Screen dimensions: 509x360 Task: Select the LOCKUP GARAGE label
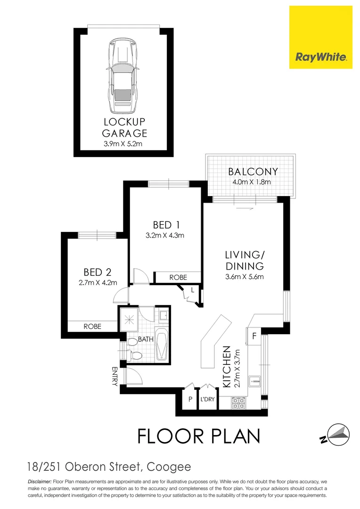(x=125, y=127)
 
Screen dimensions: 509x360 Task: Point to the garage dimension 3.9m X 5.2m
(x=125, y=144)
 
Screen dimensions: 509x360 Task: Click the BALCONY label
(x=253, y=172)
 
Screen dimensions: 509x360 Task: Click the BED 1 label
(x=165, y=224)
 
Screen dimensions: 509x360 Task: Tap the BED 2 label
(x=98, y=272)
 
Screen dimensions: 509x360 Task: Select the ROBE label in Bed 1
(x=178, y=278)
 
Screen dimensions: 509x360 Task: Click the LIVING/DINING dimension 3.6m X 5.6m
(x=244, y=277)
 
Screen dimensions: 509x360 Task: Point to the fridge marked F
(x=254, y=337)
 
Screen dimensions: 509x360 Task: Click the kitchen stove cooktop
(x=238, y=403)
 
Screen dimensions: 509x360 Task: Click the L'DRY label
(x=207, y=400)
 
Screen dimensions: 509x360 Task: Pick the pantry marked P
(x=190, y=399)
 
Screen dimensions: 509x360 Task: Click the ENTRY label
(x=115, y=376)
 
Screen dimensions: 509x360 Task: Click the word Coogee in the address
(x=169, y=467)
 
